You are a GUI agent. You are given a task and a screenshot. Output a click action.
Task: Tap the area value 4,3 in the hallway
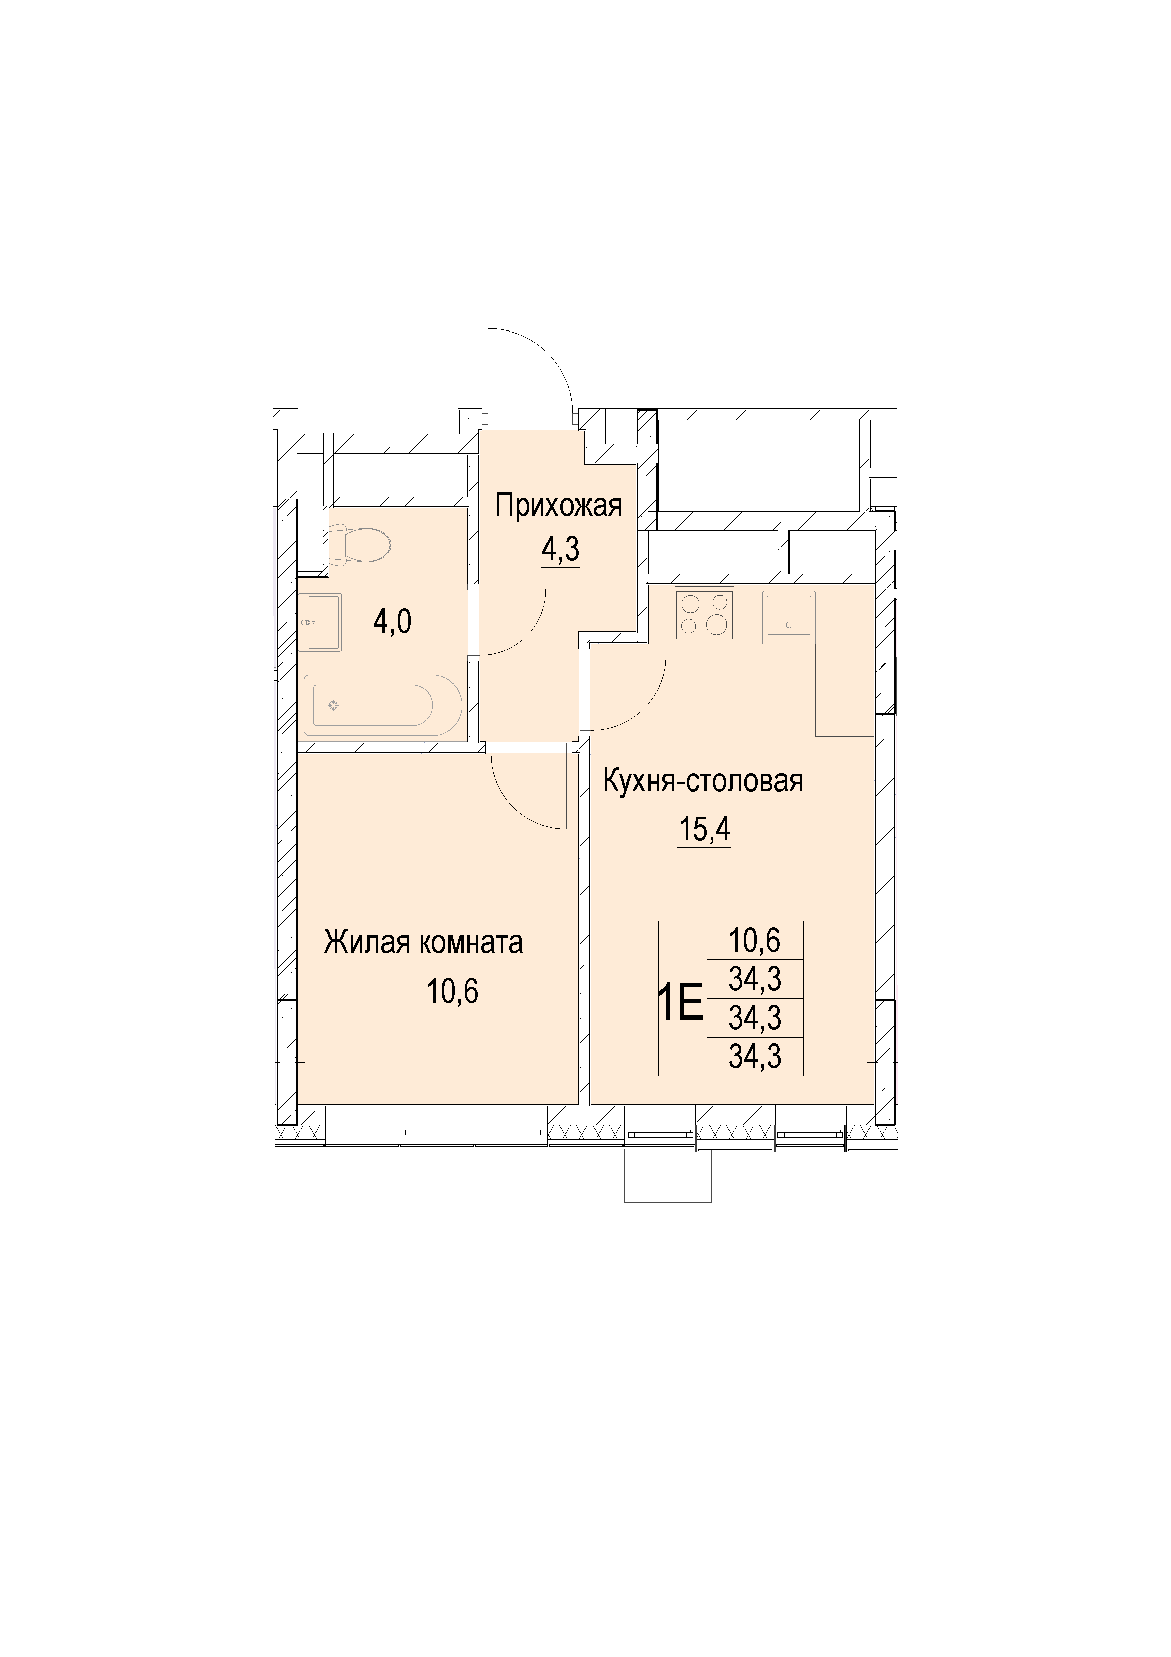click(561, 550)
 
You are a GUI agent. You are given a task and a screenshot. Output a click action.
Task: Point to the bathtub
click(381, 704)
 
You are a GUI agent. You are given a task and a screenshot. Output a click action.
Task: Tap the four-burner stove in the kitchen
click(704, 615)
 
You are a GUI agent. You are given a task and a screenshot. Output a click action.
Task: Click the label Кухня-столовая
click(703, 782)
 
